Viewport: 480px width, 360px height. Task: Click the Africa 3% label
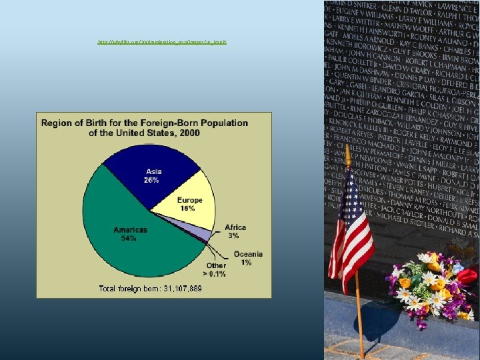(235, 231)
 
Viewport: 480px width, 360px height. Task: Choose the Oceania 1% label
(247, 258)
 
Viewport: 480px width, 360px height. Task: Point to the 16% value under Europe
(187, 208)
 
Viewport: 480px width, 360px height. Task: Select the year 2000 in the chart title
(189, 133)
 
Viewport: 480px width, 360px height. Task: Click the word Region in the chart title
(57, 123)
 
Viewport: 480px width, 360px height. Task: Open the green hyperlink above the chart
(162, 42)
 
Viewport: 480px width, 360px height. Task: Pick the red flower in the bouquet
(468, 275)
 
